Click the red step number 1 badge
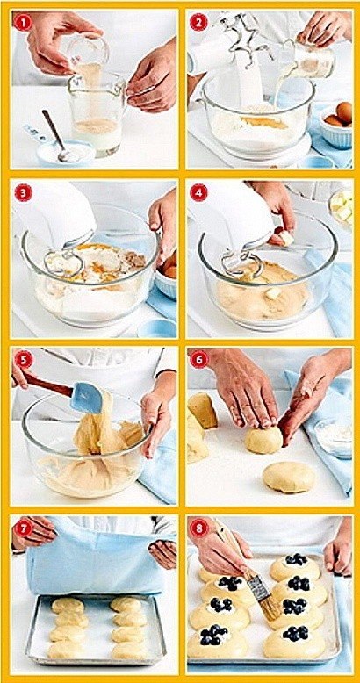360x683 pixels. point(22,22)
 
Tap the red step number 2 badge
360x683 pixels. point(198,22)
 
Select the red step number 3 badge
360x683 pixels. point(22,192)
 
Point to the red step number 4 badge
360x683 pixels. point(198,192)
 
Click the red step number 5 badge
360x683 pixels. point(22,360)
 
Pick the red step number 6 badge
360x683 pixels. point(198,360)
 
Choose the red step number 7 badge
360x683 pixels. point(22,528)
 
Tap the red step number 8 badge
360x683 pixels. point(198,528)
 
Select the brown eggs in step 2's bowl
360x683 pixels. point(340,114)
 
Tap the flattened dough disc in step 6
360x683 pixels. point(289,477)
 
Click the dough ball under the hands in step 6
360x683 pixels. point(263,440)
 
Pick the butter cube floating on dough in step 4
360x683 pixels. point(272,293)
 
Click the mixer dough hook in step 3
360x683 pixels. point(63,263)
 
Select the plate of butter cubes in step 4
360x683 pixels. point(342,208)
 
